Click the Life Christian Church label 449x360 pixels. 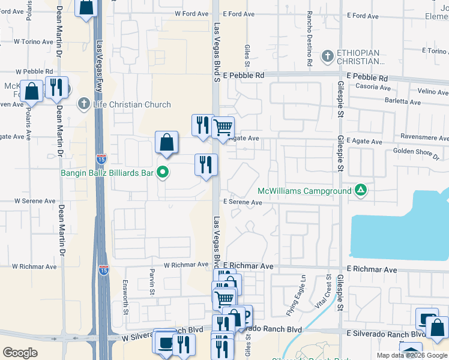tap(132, 104)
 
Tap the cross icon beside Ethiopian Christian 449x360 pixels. tap(327, 56)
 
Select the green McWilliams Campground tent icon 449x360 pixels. tap(360, 191)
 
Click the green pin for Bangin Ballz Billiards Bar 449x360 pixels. tap(162, 173)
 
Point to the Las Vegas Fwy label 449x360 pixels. tap(100, 60)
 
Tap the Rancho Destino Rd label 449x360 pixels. tap(309, 38)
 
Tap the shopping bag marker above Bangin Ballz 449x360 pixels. tap(167, 143)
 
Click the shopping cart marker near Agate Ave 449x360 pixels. tap(223, 128)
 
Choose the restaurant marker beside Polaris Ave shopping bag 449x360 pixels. tap(56, 88)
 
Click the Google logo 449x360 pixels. tap(20, 353)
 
